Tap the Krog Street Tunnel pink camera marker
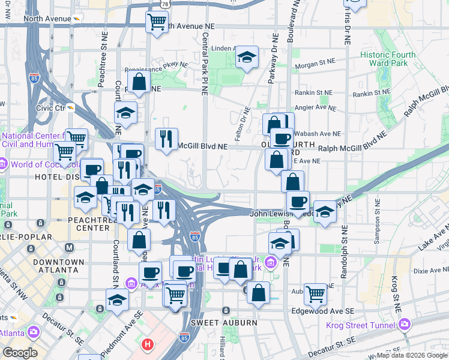pos(405,325)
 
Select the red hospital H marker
pos(148,345)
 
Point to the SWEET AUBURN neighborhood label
pos(224,323)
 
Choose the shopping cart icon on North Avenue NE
pos(157,22)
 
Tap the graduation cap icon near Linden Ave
pos(247,58)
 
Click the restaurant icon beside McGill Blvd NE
pos(166,139)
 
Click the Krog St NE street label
pos(396,292)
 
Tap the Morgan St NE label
pos(314,62)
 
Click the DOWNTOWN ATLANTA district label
pos(58,266)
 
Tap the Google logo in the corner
pos(20,353)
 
